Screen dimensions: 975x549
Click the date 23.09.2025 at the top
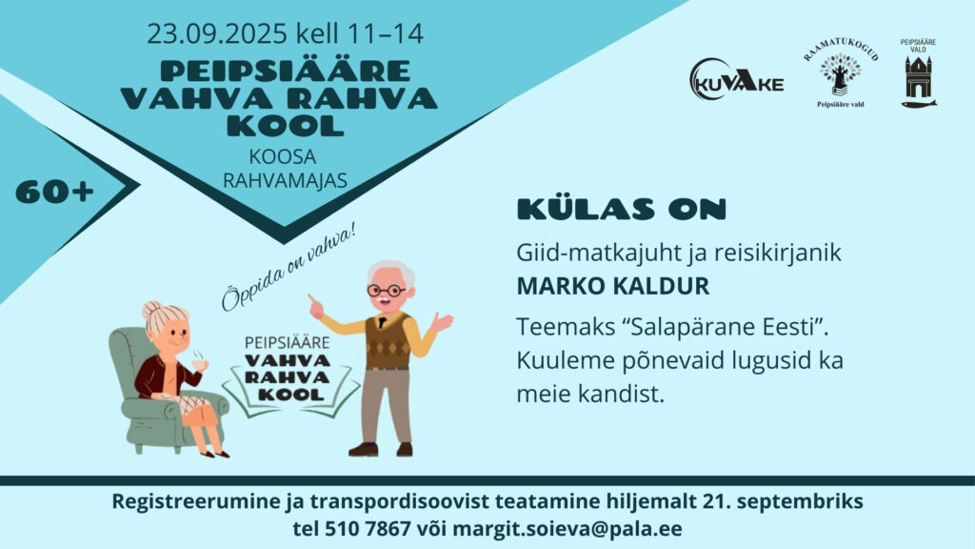coord(217,33)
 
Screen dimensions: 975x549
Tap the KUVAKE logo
coord(736,80)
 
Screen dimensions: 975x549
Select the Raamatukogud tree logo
coord(841,72)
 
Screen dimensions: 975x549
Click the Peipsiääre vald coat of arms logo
coord(919,73)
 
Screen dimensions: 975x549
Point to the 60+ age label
coord(54,193)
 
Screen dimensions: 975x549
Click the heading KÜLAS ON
coord(622,209)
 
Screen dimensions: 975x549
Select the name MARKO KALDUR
coord(613,286)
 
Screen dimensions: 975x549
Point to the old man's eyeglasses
coord(387,290)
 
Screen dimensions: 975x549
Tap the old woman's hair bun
coord(151,309)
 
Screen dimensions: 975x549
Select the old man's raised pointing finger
coord(311,298)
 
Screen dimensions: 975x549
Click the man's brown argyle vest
coord(388,340)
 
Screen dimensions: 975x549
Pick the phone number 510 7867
coord(368,529)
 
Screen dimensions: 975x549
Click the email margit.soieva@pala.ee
coord(567,529)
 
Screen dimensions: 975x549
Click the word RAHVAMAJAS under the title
coord(285,180)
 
